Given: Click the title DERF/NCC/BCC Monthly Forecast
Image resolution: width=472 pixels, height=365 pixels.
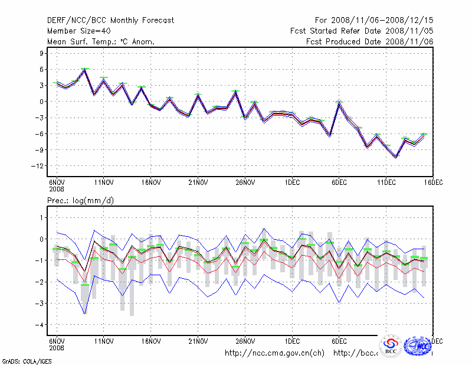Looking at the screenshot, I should pyautogui.click(x=110, y=21).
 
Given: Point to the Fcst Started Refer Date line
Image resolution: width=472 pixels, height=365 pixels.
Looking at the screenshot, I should pyautogui.click(x=362, y=31).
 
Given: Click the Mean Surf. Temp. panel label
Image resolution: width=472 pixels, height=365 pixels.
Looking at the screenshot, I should pyautogui.click(x=101, y=41).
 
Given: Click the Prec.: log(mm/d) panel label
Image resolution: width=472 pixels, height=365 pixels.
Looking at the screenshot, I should pyautogui.click(x=80, y=201).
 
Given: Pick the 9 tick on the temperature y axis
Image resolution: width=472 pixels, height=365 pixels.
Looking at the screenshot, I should pyautogui.click(x=41, y=53).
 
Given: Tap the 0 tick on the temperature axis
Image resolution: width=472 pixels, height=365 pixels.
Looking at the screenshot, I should pyautogui.click(x=41, y=102).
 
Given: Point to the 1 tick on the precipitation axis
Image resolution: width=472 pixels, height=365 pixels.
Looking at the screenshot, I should pyautogui.click(x=41, y=218).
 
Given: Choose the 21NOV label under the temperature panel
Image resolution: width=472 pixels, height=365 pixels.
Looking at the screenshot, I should pyautogui.click(x=198, y=182).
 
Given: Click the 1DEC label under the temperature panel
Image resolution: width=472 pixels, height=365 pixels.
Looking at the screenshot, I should pyautogui.click(x=292, y=182).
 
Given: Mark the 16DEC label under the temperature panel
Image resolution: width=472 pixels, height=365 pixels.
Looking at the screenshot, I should pyautogui.click(x=434, y=182).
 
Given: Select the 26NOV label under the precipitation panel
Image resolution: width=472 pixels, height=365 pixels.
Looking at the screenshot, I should pyautogui.click(x=245, y=341).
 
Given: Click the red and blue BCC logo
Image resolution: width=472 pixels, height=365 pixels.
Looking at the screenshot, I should pyautogui.click(x=391, y=346).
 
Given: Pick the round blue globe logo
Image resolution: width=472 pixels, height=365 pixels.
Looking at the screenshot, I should pyautogui.click(x=419, y=346).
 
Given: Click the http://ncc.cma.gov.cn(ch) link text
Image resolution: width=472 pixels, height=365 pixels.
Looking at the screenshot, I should pyautogui.click(x=274, y=353).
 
